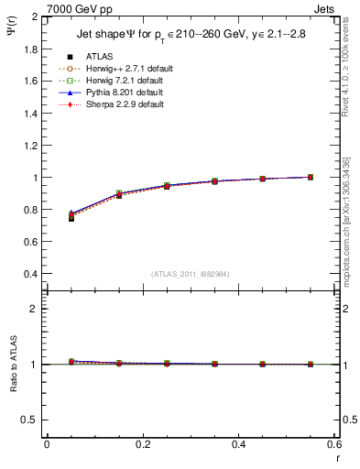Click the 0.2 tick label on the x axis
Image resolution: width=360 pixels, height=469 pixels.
click(142, 444)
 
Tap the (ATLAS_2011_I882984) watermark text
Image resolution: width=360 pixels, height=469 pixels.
click(191, 273)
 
